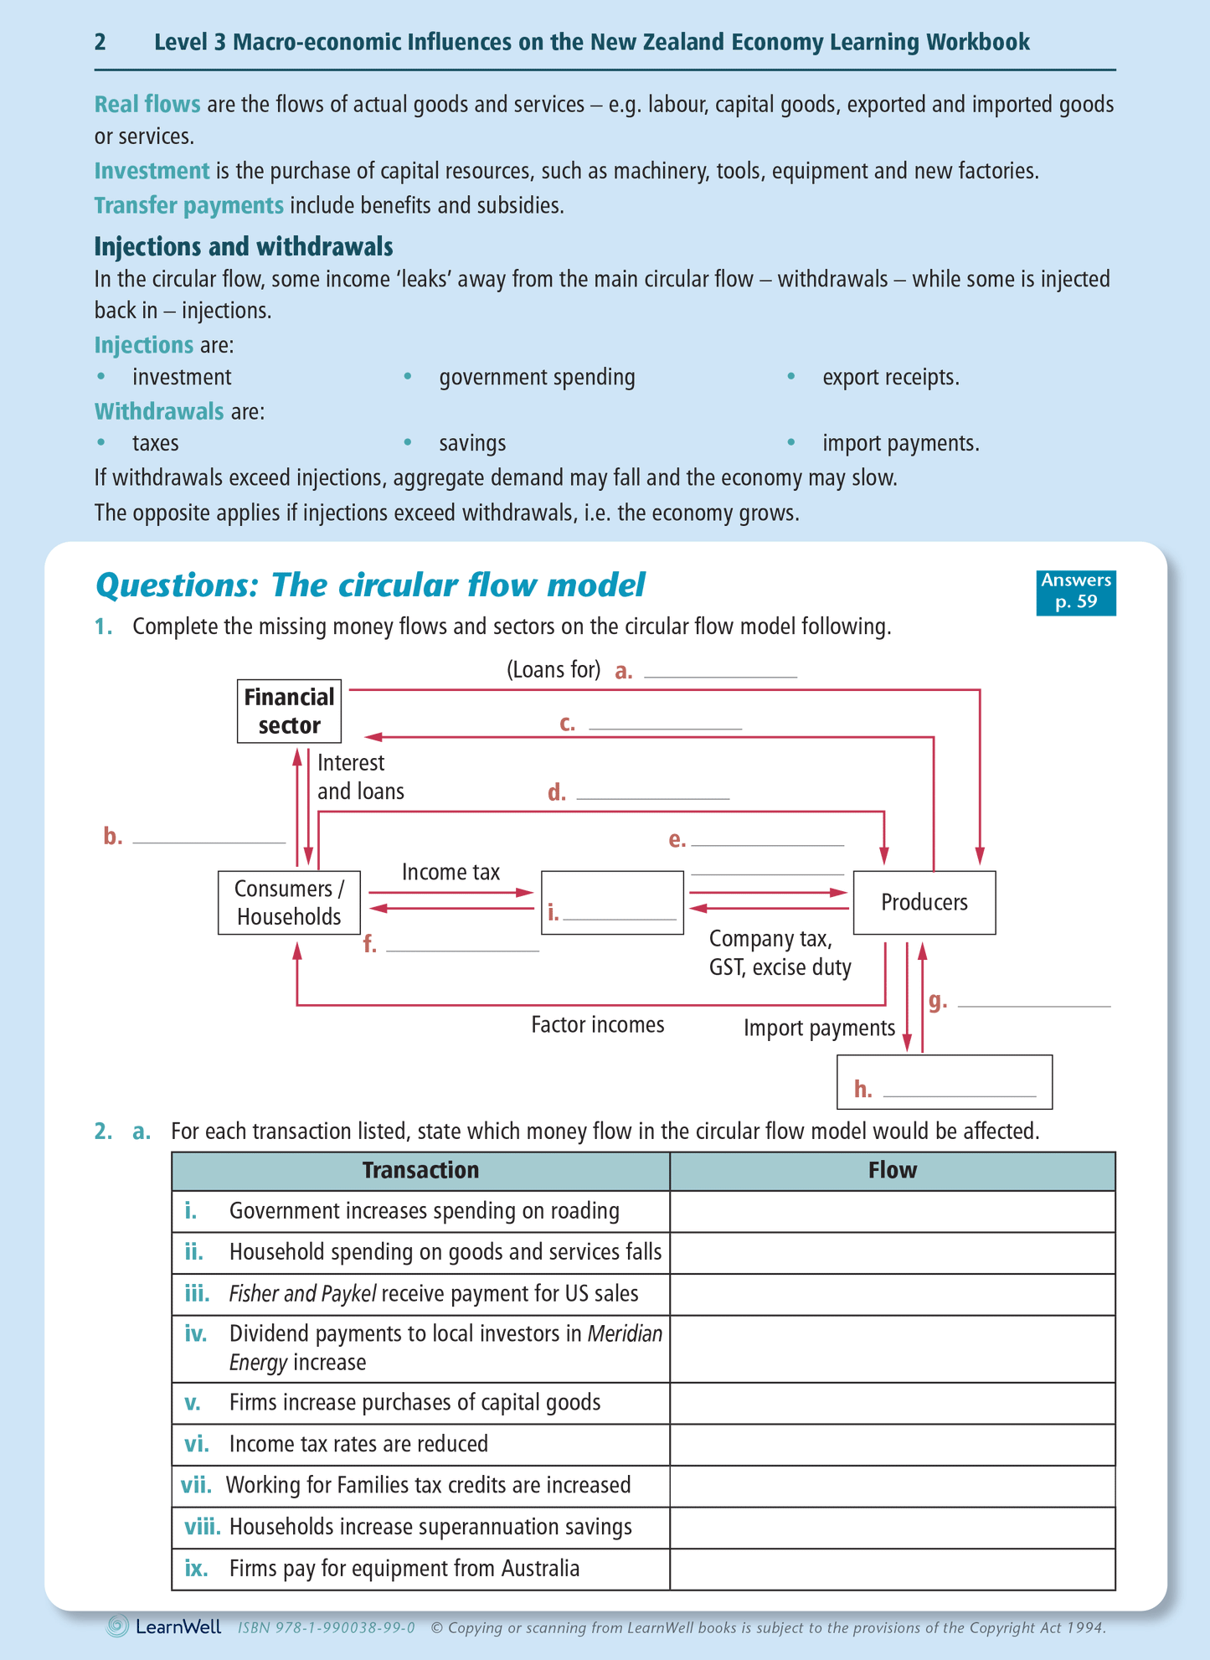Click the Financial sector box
pyautogui.click(x=289, y=711)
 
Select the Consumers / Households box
pyautogui.click(x=289, y=902)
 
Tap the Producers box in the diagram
pyautogui.click(x=924, y=902)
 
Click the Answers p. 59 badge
pyautogui.click(x=1075, y=591)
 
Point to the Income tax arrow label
pyautogui.click(x=451, y=872)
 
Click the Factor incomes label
pyautogui.click(x=597, y=1024)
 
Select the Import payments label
pyautogui.click(x=819, y=1028)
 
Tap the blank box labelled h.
pyautogui.click(x=944, y=1081)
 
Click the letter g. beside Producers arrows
pyautogui.click(x=938, y=1000)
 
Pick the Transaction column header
pyautogui.click(x=420, y=1170)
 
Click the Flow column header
pyautogui.click(x=892, y=1170)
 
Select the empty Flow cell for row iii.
pyautogui.click(x=892, y=1294)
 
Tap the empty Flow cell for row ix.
pyautogui.click(x=892, y=1568)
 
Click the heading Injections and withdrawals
pyautogui.click(x=244, y=246)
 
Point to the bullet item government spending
pyautogui.click(x=537, y=377)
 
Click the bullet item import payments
pyautogui.click(x=900, y=443)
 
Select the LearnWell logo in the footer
pyautogui.click(x=165, y=1626)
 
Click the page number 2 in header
pyautogui.click(x=100, y=42)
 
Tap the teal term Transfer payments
pyautogui.click(x=188, y=205)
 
